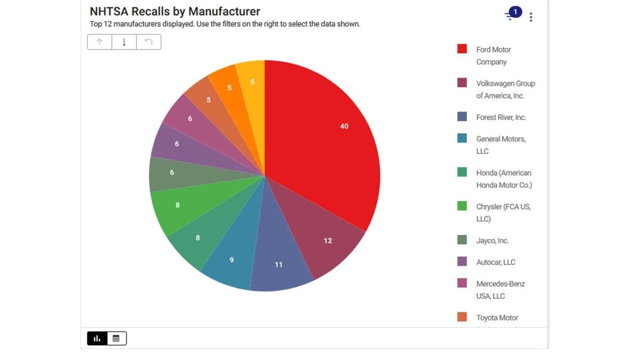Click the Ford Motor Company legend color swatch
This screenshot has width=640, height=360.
click(462, 49)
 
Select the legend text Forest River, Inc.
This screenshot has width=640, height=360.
click(501, 117)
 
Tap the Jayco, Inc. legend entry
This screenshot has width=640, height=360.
click(492, 241)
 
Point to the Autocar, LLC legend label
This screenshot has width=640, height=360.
click(495, 262)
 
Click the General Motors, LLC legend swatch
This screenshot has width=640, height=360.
click(462, 139)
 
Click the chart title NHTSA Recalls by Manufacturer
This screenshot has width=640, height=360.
click(175, 11)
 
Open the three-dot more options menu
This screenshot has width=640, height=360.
click(531, 17)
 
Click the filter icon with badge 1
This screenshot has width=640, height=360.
click(512, 14)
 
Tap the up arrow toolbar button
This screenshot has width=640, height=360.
click(100, 42)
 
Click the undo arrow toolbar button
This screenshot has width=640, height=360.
click(148, 42)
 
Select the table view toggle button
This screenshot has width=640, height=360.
click(116, 338)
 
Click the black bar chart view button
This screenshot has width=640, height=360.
click(97, 338)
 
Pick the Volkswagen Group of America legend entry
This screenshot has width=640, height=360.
click(505, 90)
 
